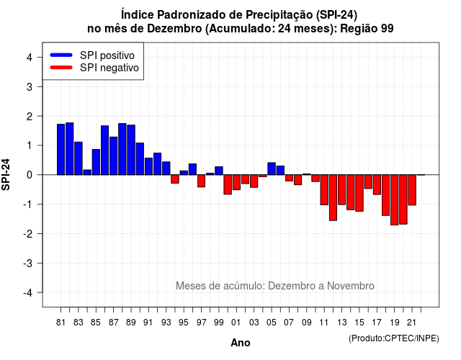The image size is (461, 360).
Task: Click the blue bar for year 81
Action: point(61,149)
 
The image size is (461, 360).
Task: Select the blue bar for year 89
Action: point(131,150)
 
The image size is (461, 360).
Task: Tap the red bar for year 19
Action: point(395,200)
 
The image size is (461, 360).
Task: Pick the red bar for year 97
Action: point(202,181)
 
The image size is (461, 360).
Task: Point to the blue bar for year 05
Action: point(272,168)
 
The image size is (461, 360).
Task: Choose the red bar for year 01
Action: point(236,182)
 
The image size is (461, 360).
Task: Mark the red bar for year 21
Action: point(412,190)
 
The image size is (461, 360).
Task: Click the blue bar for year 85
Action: point(96,162)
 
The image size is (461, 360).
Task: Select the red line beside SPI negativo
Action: point(61,68)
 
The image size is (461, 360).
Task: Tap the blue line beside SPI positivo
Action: point(61,55)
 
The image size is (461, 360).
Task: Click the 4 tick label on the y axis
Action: point(30,58)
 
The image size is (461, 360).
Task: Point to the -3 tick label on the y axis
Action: point(28,264)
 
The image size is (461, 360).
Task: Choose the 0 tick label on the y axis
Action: point(30,175)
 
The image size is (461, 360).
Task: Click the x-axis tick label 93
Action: point(166,323)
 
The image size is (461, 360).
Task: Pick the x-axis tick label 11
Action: point(323,323)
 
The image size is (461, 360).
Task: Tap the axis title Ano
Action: point(241,343)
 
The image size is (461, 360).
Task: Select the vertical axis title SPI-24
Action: point(6,174)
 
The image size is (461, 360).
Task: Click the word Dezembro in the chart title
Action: point(174,29)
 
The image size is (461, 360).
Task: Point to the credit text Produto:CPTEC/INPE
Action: point(394,338)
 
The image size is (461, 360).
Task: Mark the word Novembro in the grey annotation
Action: point(351,286)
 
